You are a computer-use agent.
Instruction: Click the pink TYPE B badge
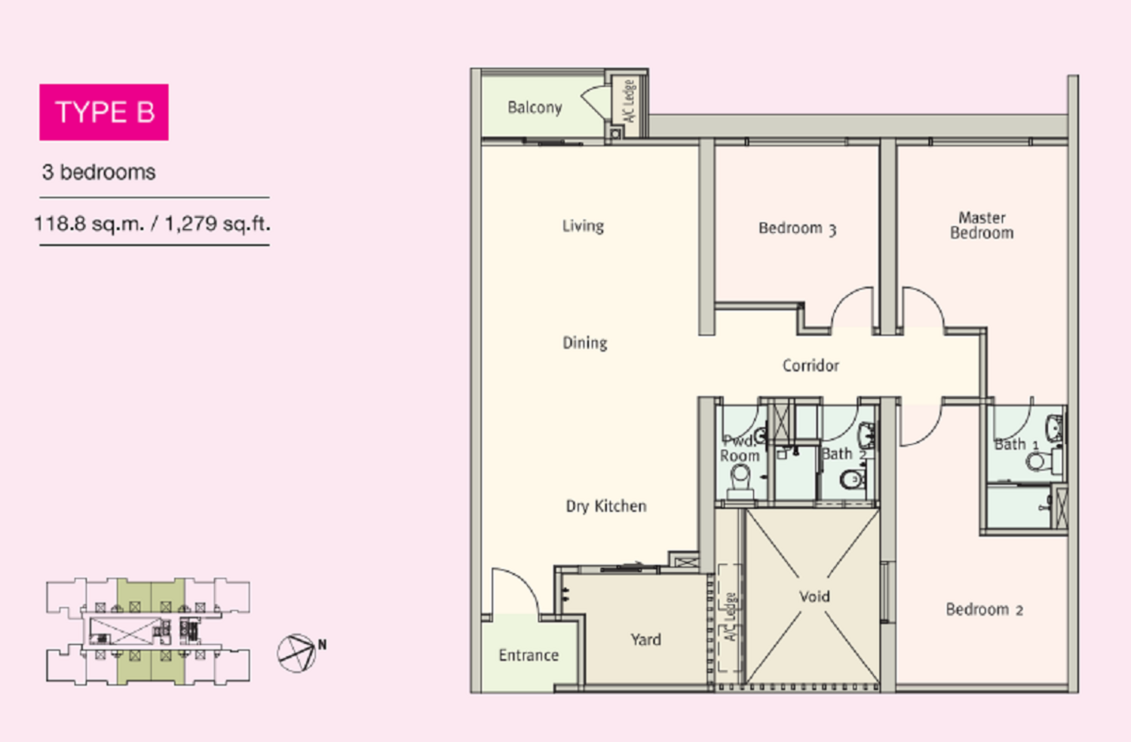pos(104,112)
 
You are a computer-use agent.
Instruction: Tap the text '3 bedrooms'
pos(99,172)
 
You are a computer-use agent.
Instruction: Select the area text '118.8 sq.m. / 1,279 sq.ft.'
pos(152,224)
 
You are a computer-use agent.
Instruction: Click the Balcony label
pos(535,107)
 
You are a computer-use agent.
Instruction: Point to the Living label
pos(583,225)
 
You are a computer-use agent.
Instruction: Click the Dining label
pos(584,343)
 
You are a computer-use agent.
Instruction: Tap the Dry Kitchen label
pos(606,506)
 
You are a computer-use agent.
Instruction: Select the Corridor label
pos(811,365)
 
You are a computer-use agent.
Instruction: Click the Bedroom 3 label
pos(797,228)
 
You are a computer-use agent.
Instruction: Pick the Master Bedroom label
pos(982,225)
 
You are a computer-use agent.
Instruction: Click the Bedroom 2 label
pos(985,610)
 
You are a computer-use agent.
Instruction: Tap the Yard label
pos(645,639)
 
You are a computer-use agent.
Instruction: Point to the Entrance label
pos(529,655)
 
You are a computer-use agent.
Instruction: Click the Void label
pos(814,596)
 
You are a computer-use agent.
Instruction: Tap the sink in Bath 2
pos(867,434)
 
